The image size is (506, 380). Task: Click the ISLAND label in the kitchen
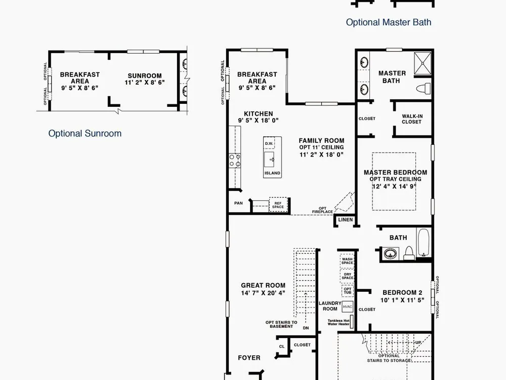[272, 173]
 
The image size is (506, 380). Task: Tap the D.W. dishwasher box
[269, 143]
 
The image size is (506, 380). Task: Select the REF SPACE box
[278, 205]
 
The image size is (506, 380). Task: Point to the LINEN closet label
[345, 220]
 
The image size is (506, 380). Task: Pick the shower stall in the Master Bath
[423, 63]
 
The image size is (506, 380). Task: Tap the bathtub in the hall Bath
[424, 243]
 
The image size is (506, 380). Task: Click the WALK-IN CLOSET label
[412, 119]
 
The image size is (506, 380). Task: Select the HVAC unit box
[348, 307]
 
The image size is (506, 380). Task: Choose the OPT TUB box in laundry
[348, 291]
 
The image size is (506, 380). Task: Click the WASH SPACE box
[347, 261]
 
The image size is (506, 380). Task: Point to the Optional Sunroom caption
[85, 133]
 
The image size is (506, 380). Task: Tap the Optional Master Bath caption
[389, 22]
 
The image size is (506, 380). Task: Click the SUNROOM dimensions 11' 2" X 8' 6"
[145, 83]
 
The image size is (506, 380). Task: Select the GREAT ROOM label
[263, 285]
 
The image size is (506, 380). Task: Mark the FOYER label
[249, 358]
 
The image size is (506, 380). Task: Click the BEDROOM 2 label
[402, 293]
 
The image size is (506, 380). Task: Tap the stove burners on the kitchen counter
[235, 161]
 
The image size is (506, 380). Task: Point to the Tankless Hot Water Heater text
[339, 322]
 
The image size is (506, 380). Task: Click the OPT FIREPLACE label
[322, 210]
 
